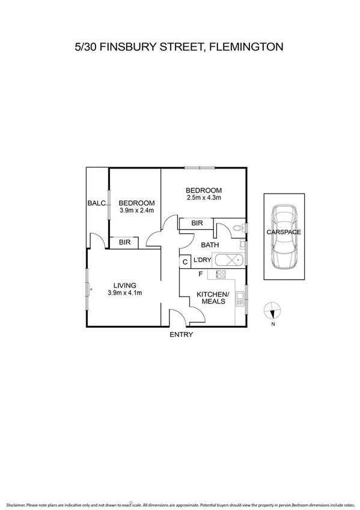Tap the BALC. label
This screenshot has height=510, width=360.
click(x=97, y=203)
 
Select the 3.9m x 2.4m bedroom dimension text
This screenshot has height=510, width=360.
click(x=137, y=210)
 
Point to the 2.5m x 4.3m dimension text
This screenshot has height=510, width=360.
click(x=204, y=197)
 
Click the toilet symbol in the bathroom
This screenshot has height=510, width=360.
click(x=239, y=227)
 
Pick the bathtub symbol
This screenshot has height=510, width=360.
click(x=228, y=261)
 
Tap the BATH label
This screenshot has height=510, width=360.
click(x=210, y=245)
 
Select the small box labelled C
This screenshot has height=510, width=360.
click(x=185, y=262)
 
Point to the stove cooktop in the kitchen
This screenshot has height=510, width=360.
click(x=221, y=274)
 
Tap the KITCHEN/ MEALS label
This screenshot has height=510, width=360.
click(x=213, y=298)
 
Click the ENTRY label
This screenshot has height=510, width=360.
click(x=181, y=334)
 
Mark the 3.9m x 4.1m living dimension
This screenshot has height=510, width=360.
click(x=124, y=293)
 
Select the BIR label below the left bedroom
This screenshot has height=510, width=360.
click(x=124, y=242)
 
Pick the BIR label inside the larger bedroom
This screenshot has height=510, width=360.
click(x=197, y=223)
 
